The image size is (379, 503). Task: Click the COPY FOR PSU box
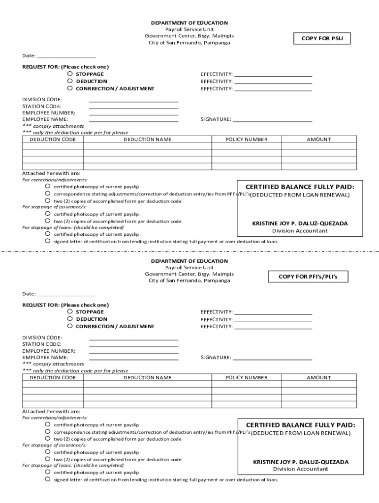pos(323,38)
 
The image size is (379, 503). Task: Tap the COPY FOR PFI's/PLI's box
pos(308,277)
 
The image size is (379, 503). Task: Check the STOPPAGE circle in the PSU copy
pos(70,74)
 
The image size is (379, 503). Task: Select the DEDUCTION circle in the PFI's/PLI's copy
pos(70,319)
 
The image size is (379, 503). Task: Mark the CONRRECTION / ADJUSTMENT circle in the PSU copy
pos(70,88)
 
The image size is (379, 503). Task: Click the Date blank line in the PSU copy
pos(66,56)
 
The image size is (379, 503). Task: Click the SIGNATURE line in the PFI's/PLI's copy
pos(272,358)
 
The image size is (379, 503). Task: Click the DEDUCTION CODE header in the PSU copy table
pos(53,140)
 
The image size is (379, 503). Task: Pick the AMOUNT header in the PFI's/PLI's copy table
pos(319,378)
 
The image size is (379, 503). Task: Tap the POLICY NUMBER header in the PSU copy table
pos(247,140)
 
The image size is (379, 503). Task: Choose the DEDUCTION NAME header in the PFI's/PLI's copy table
pos(148,378)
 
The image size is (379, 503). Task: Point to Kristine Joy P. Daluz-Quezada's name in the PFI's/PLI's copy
pos(301,462)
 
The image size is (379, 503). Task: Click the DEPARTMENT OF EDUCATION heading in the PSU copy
pos(189,23)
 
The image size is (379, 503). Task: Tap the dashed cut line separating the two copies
pos(189,251)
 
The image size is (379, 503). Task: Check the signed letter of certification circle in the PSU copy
pos(48,241)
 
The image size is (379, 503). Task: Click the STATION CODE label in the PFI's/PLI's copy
pos(42,344)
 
